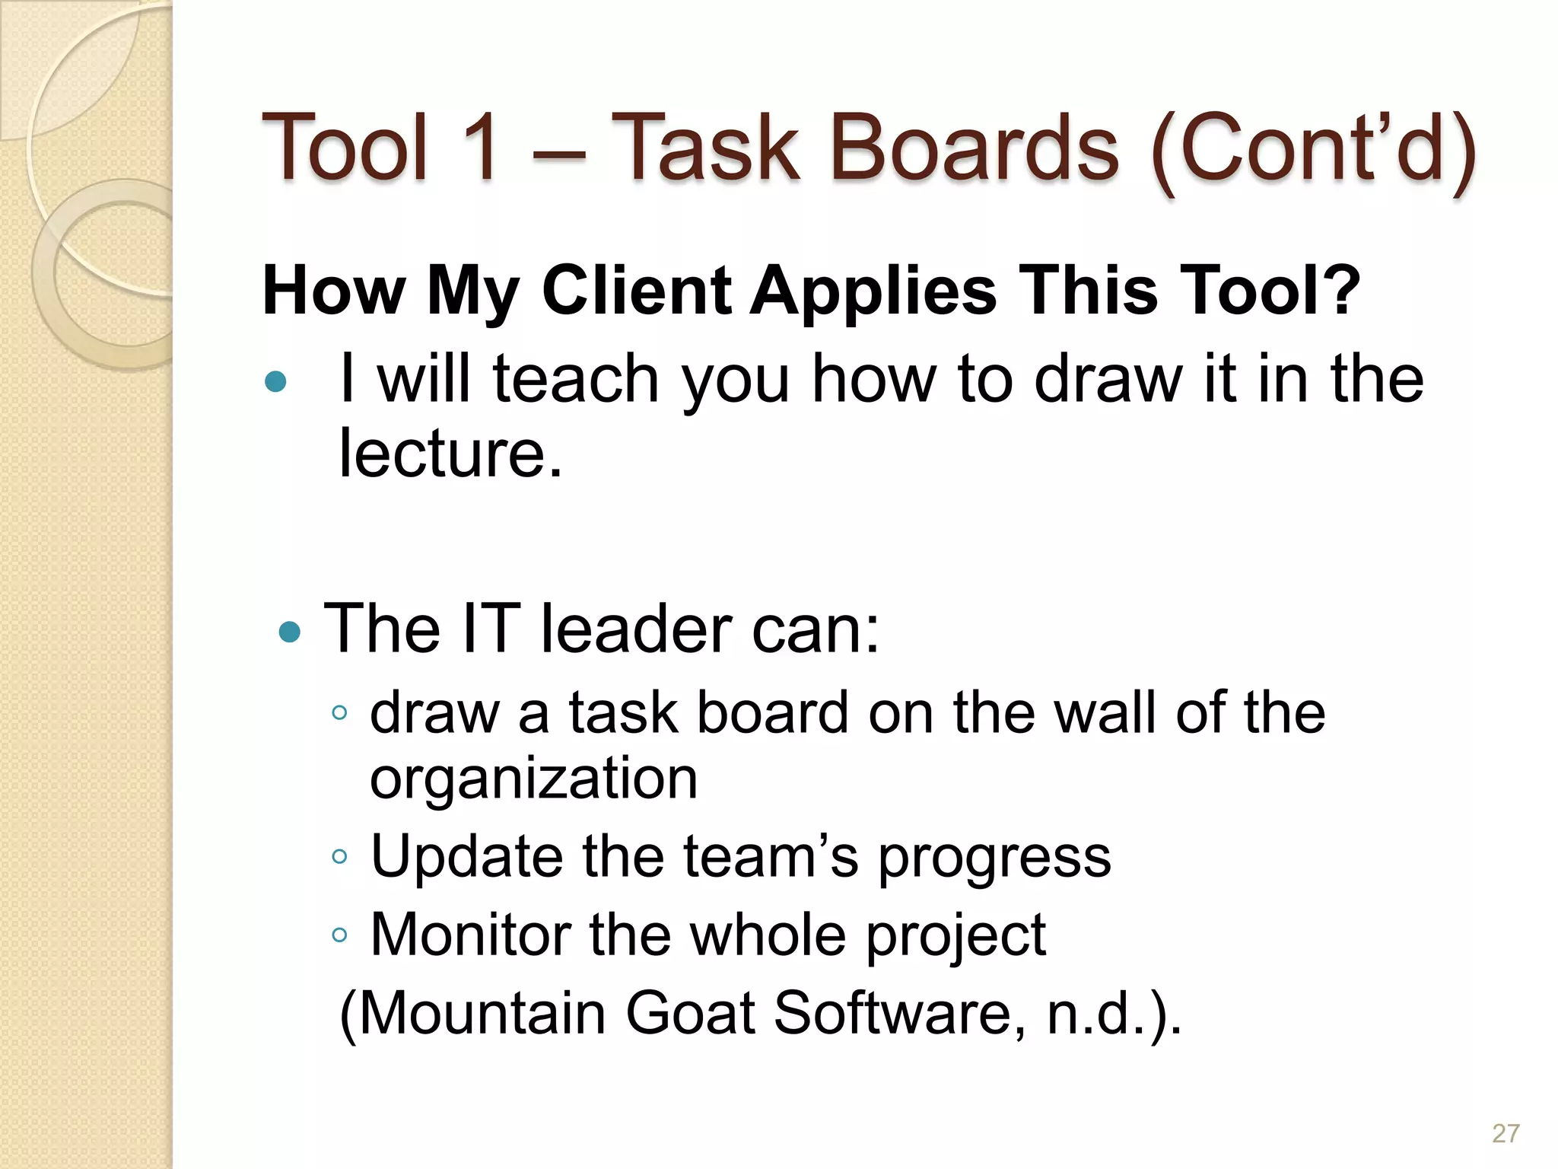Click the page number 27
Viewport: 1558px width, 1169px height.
click(1506, 1133)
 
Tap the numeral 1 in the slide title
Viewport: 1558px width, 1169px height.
click(478, 148)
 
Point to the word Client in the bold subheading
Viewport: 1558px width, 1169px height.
click(636, 291)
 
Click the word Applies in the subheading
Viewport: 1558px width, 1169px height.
click(873, 291)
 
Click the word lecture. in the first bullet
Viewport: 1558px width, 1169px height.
click(450, 454)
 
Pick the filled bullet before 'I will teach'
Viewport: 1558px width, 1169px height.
click(275, 381)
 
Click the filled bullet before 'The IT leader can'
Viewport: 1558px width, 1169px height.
click(290, 632)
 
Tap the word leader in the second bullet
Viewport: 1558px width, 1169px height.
click(636, 630)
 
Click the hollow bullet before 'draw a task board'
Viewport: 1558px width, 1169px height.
click(340, 714)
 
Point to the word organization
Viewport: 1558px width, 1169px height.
click(533, 779)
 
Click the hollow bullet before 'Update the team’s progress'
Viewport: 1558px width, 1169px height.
click(340, 857)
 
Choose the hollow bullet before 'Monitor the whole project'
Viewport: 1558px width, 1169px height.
click(340, 935)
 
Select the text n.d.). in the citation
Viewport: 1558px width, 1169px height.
click(1114, 1015)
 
